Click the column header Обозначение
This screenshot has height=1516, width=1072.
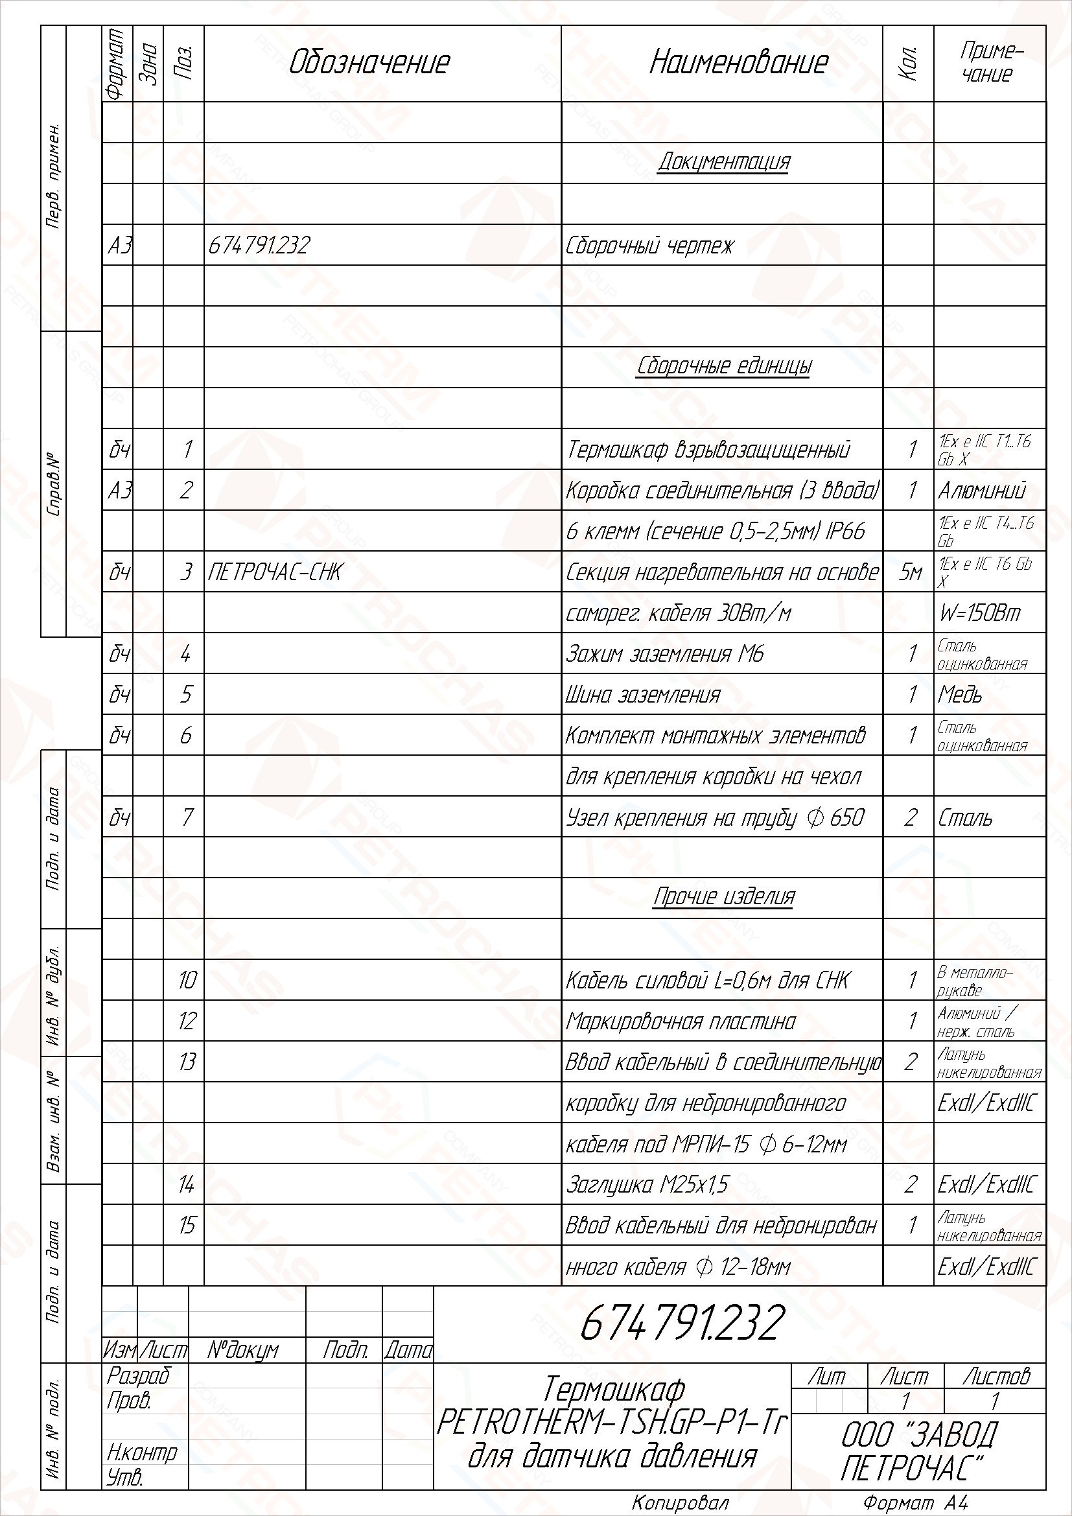point(369,63)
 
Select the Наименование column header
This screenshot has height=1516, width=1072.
point(738,63)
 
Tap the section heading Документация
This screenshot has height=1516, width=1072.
point(723,162)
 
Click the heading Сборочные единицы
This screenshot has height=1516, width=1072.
point(723,366)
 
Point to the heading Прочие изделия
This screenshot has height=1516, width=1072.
point(723,896)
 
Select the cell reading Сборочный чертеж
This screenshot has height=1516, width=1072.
point(649,246)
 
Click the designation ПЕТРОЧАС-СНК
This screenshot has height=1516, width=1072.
point(275,572)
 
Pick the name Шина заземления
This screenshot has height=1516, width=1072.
point(643,695)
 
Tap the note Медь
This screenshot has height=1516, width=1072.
point(960,695)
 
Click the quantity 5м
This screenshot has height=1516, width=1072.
point(909,572)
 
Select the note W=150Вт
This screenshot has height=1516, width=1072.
point(979,613)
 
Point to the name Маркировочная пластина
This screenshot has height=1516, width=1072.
point(680,1021)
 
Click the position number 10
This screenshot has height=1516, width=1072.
point(187,980)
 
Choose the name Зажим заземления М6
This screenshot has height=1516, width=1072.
point(664,654)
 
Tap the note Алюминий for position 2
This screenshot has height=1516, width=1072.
point(981,491)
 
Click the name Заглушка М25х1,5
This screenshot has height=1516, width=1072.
point(647,1185)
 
